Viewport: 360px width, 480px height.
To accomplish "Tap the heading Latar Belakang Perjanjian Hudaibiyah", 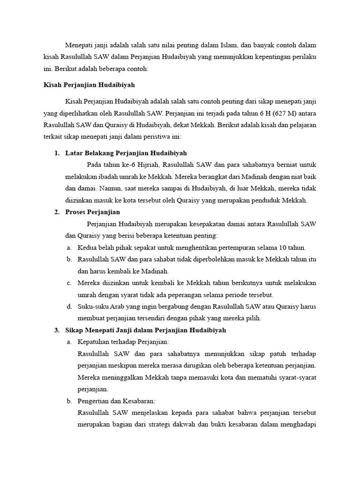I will coord(126,153).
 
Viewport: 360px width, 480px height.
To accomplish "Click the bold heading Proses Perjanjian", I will coord(93,212).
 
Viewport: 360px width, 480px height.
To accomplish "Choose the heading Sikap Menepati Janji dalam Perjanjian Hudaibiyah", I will coord(146,330).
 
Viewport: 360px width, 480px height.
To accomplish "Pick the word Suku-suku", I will coord(93,307).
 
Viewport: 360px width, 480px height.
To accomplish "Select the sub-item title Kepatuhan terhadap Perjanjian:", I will coord(123,342).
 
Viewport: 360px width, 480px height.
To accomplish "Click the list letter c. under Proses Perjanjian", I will coord(69,283).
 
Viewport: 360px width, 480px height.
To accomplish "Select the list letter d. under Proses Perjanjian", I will coord(69,307).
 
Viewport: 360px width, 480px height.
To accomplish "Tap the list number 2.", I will coord(57,212).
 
